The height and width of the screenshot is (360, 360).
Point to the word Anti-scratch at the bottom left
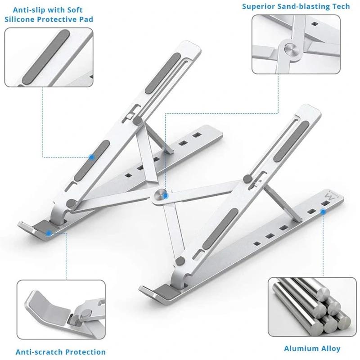coord(38,352)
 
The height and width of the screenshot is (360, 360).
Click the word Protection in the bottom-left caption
coord(85,352)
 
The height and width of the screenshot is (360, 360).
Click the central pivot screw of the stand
coord(160,194)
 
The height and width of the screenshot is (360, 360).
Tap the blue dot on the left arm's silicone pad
coord(92,157)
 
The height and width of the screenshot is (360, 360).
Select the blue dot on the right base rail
coord(323,211)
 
